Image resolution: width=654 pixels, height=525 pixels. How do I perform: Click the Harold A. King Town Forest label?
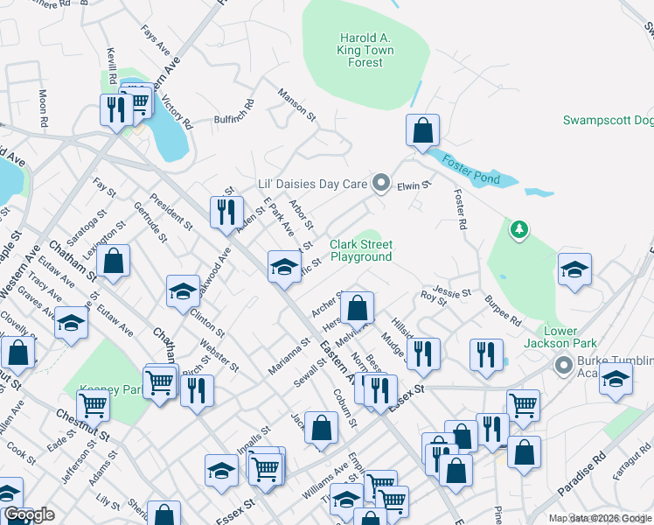(365, 50)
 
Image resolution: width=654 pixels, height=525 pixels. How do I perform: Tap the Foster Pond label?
(470, 169)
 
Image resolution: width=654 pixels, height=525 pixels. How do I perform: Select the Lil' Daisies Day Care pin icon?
(380, 183)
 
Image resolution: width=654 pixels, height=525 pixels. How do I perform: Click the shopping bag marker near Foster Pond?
(422, 131)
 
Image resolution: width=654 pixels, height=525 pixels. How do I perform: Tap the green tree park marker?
(520, 230)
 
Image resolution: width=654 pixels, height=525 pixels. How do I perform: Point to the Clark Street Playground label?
(361, 251)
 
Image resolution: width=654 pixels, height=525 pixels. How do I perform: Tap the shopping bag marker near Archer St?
(357, 307)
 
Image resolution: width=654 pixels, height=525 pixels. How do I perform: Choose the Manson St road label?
(296, 104)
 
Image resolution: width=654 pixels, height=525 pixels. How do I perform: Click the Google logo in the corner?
(30, 514)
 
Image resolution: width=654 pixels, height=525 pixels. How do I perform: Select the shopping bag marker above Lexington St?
(113, 260)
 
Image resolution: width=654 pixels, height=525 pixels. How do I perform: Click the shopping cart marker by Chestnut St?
(92, 406)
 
